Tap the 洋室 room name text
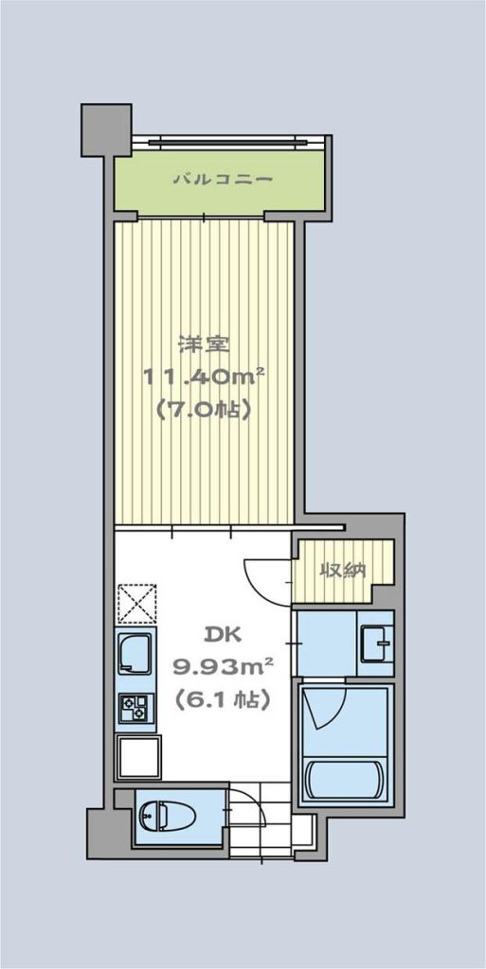tap(204, 344)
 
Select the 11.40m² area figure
tap(206, 376)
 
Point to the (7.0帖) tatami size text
tap(204, 409)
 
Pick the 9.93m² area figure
tap(224, 666)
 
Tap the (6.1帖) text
tap(222, 699)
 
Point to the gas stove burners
tap(135, 707)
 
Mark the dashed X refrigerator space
tap(136, 603)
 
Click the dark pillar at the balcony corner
tap(106, 129)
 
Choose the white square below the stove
tap(139, 756)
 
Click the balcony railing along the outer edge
tap(228, 142)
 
